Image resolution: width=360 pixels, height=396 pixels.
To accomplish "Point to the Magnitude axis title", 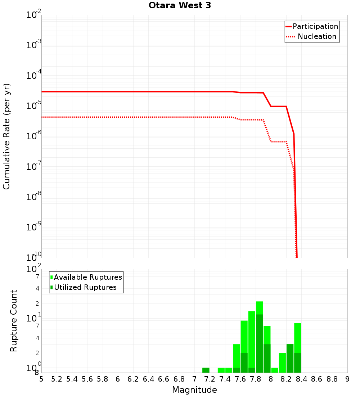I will (194, 390).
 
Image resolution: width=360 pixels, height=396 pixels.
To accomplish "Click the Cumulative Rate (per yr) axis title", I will (6, 136).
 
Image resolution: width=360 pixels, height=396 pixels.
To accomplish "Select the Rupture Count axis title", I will (14, 321).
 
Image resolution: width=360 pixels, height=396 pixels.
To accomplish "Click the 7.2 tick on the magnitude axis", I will (210, 379).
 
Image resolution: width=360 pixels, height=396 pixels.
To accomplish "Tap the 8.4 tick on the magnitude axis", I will (301, 379).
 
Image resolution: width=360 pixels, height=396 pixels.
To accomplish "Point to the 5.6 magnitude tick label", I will (87, 379).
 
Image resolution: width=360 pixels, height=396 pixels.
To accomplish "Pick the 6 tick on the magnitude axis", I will (118, 379).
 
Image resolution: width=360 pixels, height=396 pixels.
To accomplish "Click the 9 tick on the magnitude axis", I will (347, 379).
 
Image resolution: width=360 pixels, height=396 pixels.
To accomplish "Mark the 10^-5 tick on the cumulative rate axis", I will (34, 106).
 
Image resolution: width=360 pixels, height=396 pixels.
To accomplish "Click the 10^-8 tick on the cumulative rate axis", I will (34, 197).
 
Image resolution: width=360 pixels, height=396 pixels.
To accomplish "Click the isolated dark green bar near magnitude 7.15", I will (206, 370).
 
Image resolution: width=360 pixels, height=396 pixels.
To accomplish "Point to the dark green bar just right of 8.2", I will (290, 358).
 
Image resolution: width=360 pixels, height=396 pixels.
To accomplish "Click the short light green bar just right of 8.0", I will (275, 370).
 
